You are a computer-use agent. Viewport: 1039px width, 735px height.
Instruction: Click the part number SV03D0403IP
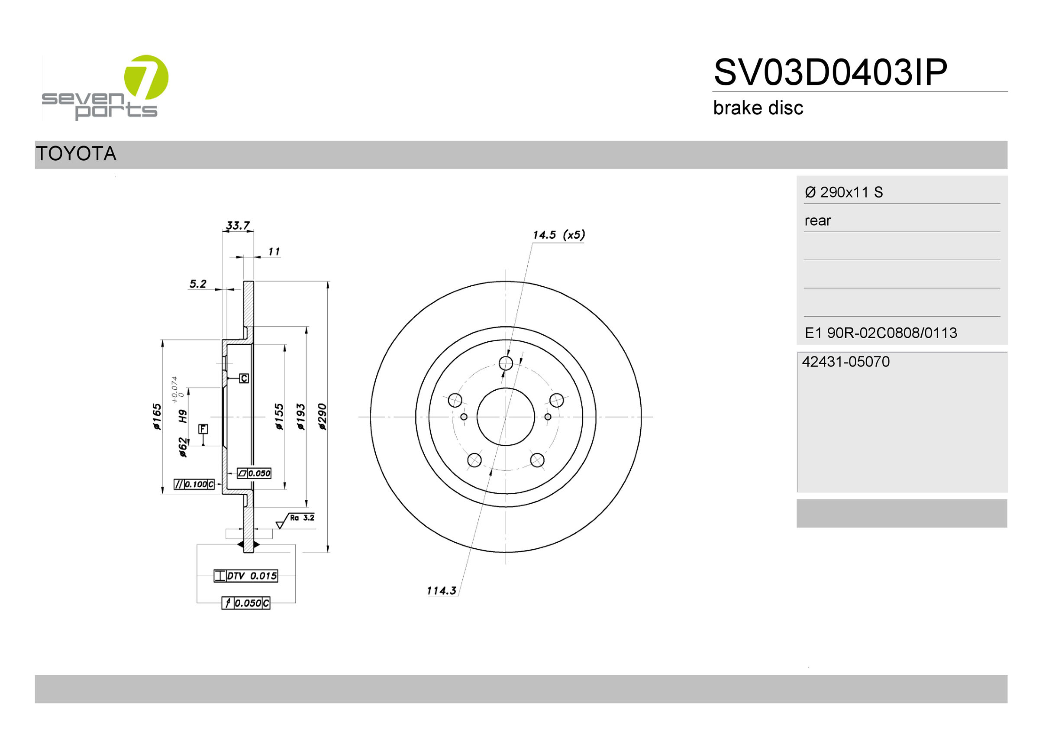(x=830, y=72)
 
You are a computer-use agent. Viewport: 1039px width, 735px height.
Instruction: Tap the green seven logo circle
(x=146, y=77)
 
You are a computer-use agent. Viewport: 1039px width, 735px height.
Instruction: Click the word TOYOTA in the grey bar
(x=76, y=153)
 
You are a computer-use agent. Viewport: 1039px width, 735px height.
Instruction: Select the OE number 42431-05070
(x=845, y=361)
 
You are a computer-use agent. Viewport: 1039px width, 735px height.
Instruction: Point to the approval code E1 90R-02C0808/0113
(x=881, y=333)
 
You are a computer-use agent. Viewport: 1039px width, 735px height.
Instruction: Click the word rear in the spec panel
(x=818, y=220)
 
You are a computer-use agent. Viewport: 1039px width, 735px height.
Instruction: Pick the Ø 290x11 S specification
(x=844, y=192)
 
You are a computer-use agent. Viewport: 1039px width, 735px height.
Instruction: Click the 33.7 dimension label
(x=238, y=225)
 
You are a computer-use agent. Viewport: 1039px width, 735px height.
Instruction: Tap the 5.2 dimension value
(x=198, y=284)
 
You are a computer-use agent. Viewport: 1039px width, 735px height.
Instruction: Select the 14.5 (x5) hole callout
(x=559, y=235)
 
